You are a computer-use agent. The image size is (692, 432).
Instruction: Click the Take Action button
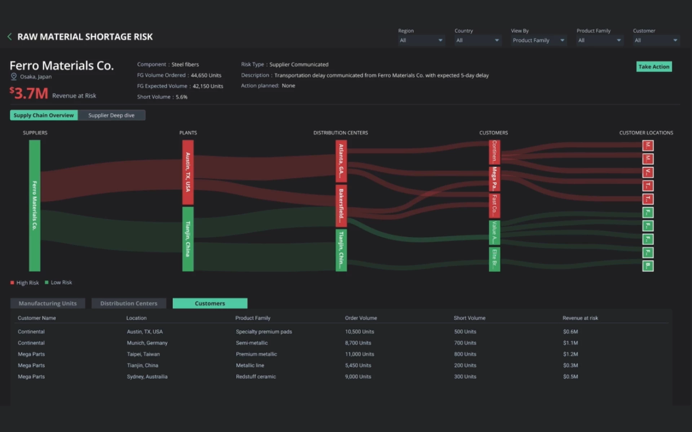pos(654,67)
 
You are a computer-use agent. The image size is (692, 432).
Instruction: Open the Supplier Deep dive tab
pos(111,115)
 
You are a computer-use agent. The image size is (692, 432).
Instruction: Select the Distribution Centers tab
pos(129,303)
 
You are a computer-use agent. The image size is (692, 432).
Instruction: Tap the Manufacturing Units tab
pos(48,303)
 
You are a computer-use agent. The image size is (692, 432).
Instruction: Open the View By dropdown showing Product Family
pos(538,40)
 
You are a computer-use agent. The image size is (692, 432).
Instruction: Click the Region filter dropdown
pos(421,40)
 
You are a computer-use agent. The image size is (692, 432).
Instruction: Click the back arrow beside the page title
pos(10,37)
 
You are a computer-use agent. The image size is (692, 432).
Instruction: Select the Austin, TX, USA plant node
pos(188,172)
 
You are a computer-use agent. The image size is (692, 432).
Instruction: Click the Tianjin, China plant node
pos(188,239)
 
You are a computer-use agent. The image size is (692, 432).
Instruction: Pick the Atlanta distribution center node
pos(341,161)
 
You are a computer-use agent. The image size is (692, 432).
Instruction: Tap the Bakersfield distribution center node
pos(341,206)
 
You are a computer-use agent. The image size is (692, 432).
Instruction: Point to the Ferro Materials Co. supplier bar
pos(35,205)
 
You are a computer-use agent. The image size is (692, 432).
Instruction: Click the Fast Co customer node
pos(494,206)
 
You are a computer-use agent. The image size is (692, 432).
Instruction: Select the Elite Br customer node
pos(494,259)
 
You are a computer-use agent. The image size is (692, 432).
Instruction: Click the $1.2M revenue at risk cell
pos(571,354)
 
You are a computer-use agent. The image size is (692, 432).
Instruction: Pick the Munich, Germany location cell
pos(147,343)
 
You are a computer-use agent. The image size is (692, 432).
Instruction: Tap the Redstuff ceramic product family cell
pos(256,377)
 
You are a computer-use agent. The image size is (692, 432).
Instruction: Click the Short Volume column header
pos(469,318)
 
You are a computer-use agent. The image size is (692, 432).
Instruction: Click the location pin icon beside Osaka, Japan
pos(14,76)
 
